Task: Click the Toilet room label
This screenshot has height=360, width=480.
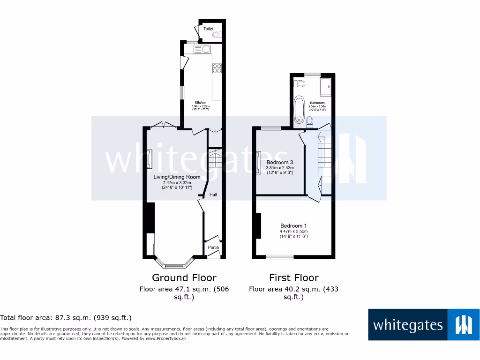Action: pos(208,29)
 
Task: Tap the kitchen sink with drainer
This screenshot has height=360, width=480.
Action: pos(203,49)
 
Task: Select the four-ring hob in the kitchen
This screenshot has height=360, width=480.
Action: pos(217,68)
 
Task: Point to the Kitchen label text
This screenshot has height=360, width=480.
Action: pos(201,102)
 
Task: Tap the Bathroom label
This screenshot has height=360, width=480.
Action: pos(317,103)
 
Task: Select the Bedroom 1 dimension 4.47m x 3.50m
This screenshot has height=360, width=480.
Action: pos(293,231)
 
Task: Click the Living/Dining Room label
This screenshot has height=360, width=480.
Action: pos(177,177)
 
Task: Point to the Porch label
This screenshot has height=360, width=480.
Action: pos(213,247)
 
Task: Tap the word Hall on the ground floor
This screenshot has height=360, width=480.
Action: pos(213,195)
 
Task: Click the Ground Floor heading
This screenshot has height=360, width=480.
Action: pos(184,277)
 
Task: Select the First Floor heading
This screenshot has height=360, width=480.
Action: pos(293,277)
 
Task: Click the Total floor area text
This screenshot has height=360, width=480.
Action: pos(66,318)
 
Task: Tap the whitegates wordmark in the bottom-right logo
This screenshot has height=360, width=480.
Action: pos(407,325)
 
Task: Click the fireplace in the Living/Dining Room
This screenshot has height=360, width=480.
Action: pos(150,159)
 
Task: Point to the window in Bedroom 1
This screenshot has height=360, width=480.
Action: pos(280,256)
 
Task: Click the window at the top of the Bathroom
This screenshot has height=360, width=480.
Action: pos(313,75)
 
